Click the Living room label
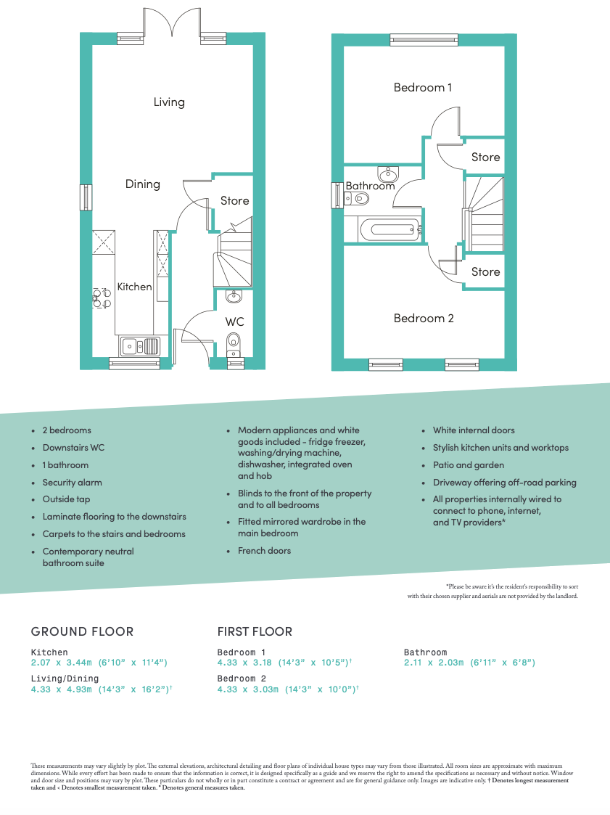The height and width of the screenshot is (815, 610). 169,102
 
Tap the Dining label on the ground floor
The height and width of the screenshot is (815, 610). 142,184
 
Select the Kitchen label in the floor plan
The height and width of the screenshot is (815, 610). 135,287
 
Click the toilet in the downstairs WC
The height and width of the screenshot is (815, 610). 234,340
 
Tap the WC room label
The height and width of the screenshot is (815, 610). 234,322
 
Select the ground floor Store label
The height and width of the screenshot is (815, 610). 234,200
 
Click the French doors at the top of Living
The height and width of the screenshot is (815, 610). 173,23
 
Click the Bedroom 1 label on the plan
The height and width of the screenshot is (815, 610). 423,87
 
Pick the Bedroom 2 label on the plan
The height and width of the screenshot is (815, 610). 424,318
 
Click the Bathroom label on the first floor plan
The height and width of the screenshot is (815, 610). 370,186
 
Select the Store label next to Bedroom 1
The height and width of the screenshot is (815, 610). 485,157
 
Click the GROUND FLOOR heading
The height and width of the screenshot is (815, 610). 82,631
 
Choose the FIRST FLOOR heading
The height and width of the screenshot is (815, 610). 255,631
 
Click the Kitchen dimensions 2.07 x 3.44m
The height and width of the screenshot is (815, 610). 99,663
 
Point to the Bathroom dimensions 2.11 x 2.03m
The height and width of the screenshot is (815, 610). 469,663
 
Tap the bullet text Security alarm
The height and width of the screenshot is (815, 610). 72,482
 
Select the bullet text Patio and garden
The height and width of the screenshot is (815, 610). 468,464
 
